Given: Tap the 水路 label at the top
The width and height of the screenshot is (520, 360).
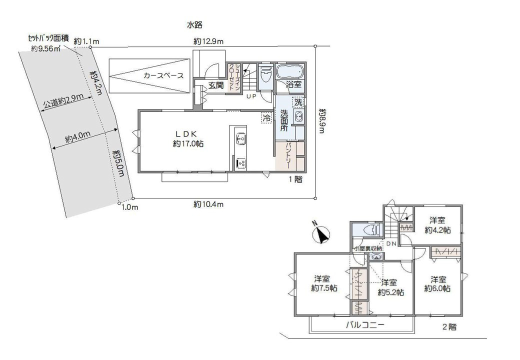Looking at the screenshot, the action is (194, 24).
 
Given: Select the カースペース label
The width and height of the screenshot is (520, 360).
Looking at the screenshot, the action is (163, 75).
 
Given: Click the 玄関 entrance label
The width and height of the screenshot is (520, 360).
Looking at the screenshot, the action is (216, 85).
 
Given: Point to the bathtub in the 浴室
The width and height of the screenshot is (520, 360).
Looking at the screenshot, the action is (289, 71).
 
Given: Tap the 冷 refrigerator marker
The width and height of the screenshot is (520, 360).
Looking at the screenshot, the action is (266, 117).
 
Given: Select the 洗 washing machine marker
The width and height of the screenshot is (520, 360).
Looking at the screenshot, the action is (298, 102).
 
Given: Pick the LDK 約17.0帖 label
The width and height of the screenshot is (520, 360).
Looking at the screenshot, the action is (188, 139).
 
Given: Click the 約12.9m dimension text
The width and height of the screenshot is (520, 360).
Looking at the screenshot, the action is (208, 41).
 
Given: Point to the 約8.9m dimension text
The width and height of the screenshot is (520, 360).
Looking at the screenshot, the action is (322, 120).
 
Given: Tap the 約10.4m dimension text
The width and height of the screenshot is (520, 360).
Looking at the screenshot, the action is (208, 204).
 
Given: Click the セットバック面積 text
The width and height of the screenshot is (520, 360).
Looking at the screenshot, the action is (48, 38).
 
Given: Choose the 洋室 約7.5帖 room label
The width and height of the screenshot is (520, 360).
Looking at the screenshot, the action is (324, 284).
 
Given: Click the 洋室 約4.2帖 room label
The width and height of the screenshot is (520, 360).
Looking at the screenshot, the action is (437, 225).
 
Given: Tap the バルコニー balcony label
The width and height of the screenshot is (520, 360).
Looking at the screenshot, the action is (365, 324).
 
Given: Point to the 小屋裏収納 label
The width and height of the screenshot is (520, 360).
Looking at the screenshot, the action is (368, 248).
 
